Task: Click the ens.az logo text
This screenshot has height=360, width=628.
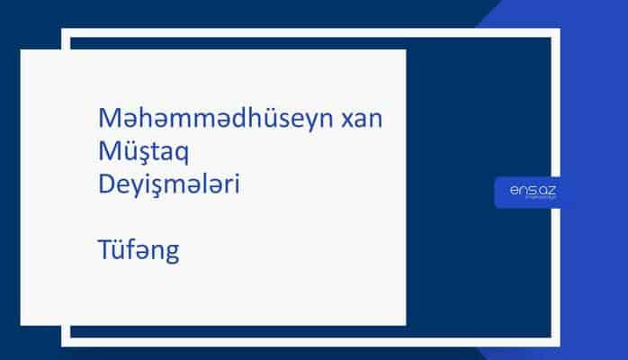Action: tap(530, 190)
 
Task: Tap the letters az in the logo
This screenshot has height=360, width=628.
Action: tap(543, 190)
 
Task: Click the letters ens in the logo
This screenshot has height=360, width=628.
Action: tap(521, 190)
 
